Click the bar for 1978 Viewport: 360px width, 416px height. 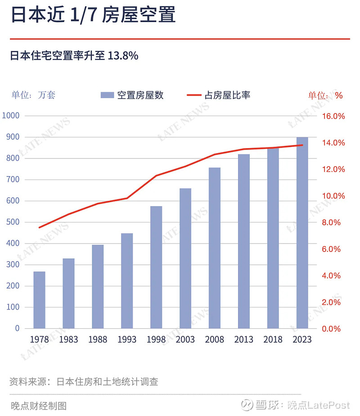39,300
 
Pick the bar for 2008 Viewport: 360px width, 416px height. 215,248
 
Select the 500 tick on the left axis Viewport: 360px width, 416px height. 13,222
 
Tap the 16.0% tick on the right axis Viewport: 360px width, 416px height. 333,116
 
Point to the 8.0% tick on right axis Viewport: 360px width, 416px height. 333,222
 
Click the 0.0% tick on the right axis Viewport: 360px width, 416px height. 333,329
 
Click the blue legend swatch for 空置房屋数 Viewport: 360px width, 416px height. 107,95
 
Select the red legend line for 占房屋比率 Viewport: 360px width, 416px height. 194,95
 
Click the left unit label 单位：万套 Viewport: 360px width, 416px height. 33,95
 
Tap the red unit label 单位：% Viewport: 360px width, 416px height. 325,95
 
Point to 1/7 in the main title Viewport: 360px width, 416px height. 81,16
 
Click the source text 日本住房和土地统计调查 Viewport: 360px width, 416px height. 107,382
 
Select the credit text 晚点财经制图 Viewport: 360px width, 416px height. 38,406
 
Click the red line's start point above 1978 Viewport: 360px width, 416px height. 39,227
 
